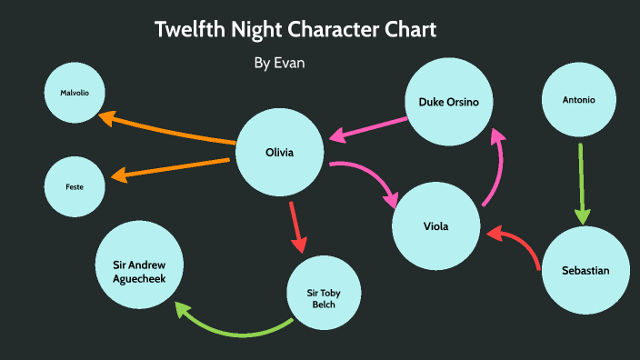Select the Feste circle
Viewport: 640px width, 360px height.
click(75, 186)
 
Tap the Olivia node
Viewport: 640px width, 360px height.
click(279, 153)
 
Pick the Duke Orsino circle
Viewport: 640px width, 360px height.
click(449, 102)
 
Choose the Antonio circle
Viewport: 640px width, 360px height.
click(579, 100)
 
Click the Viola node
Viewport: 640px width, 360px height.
click(436, 226)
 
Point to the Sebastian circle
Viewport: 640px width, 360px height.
click(585, 271)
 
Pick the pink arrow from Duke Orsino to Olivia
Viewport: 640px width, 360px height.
click(368, 128)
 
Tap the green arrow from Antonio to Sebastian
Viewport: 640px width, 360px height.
click(582, 182)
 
